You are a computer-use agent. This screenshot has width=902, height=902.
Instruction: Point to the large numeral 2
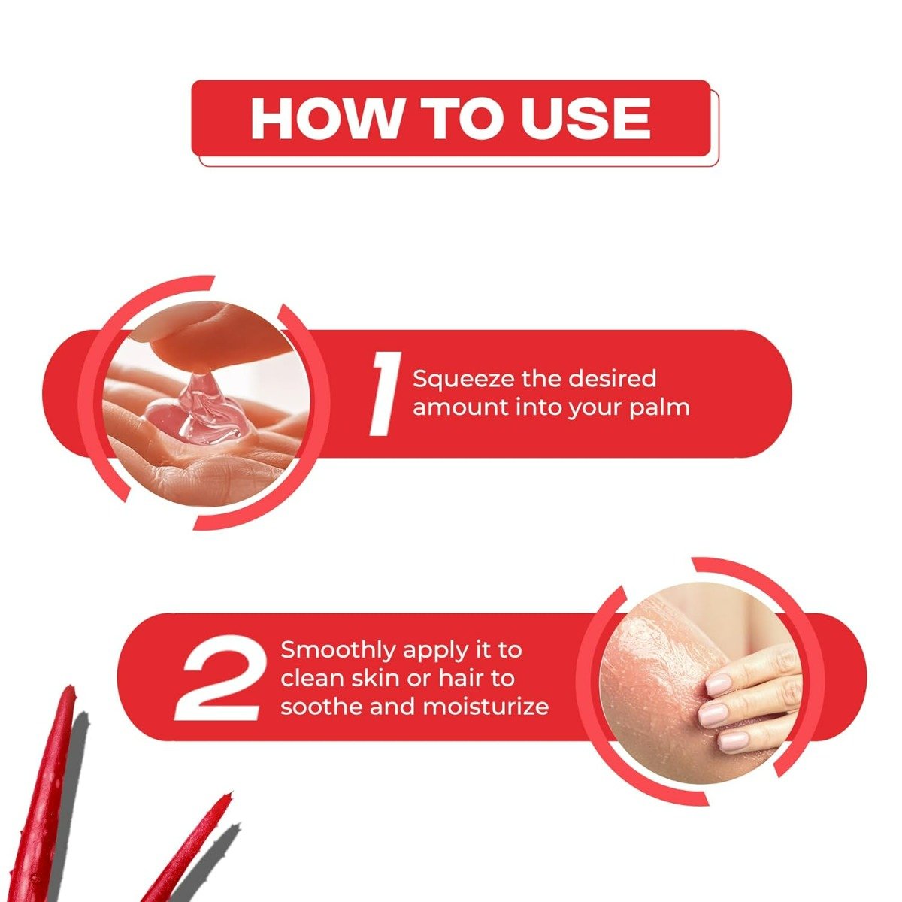(x=219, y=679)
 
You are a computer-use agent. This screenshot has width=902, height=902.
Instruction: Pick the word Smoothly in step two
(x=338, y=649)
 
